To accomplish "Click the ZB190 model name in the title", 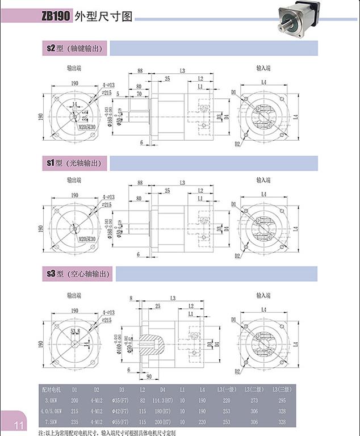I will coord(56,16).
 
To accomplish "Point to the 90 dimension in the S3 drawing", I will coord(149,376).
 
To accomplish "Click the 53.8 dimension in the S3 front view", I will coord(75,330).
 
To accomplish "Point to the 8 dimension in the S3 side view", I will coord(131,297).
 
